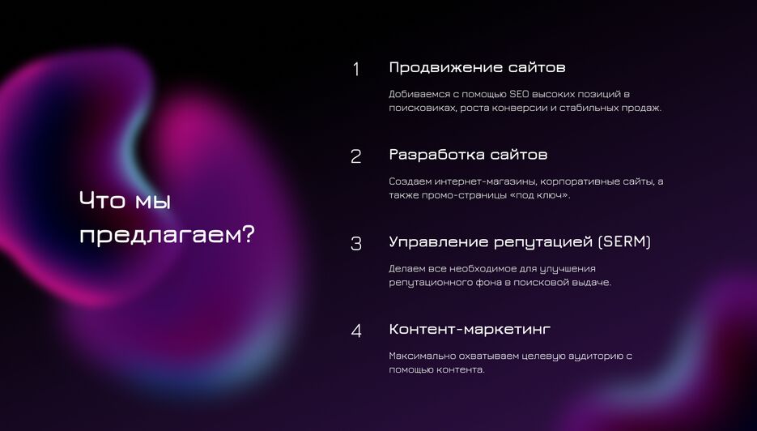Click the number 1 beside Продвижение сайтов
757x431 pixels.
point(356,70)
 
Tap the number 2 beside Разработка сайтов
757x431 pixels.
point(355,156)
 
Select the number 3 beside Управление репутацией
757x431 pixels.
point(355,244)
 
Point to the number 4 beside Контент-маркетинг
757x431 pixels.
point(356,331)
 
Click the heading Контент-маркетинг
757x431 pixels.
point(470,329)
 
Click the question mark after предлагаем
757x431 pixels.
point(248,235)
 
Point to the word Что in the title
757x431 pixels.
point(102,200)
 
